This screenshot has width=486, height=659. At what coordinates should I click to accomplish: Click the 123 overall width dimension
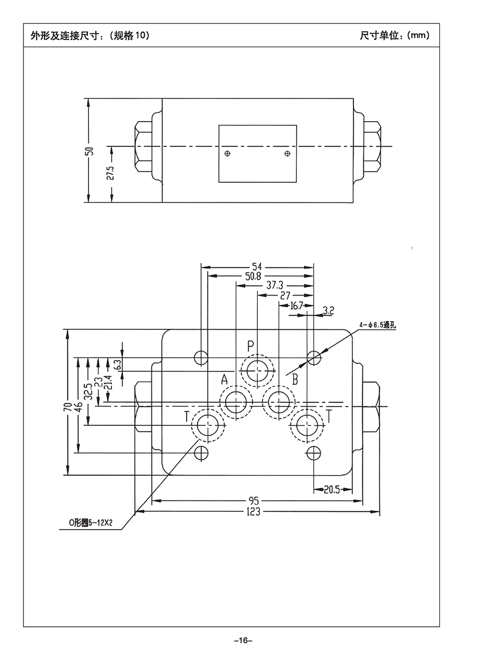point(253,511)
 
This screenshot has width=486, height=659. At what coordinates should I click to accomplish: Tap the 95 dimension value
point(254,501)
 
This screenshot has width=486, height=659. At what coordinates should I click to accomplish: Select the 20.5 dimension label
point(332,489)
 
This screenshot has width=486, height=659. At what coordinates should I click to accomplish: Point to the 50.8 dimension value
point(253,276)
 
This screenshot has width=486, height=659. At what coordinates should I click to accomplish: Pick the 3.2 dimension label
point(329,310)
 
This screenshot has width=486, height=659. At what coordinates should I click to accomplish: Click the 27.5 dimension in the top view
point(111,173)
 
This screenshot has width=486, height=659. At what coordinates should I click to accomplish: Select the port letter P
point(251,346)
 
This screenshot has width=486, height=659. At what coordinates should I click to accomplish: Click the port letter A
point(224,379)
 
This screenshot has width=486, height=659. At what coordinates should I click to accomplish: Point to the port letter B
point(295,379)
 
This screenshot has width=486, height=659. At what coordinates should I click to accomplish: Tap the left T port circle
point(208,425)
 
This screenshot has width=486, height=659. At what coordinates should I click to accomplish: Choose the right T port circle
point(306,425)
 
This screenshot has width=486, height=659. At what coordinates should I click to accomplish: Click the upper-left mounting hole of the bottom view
point(202,357)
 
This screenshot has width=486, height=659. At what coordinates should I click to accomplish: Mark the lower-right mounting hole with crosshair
point(313,452)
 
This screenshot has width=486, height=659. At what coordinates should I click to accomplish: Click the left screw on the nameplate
point(229,153)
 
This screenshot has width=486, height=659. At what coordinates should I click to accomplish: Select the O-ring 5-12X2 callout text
point(91,523)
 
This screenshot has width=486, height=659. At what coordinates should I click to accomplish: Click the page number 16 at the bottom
point(242,641)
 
